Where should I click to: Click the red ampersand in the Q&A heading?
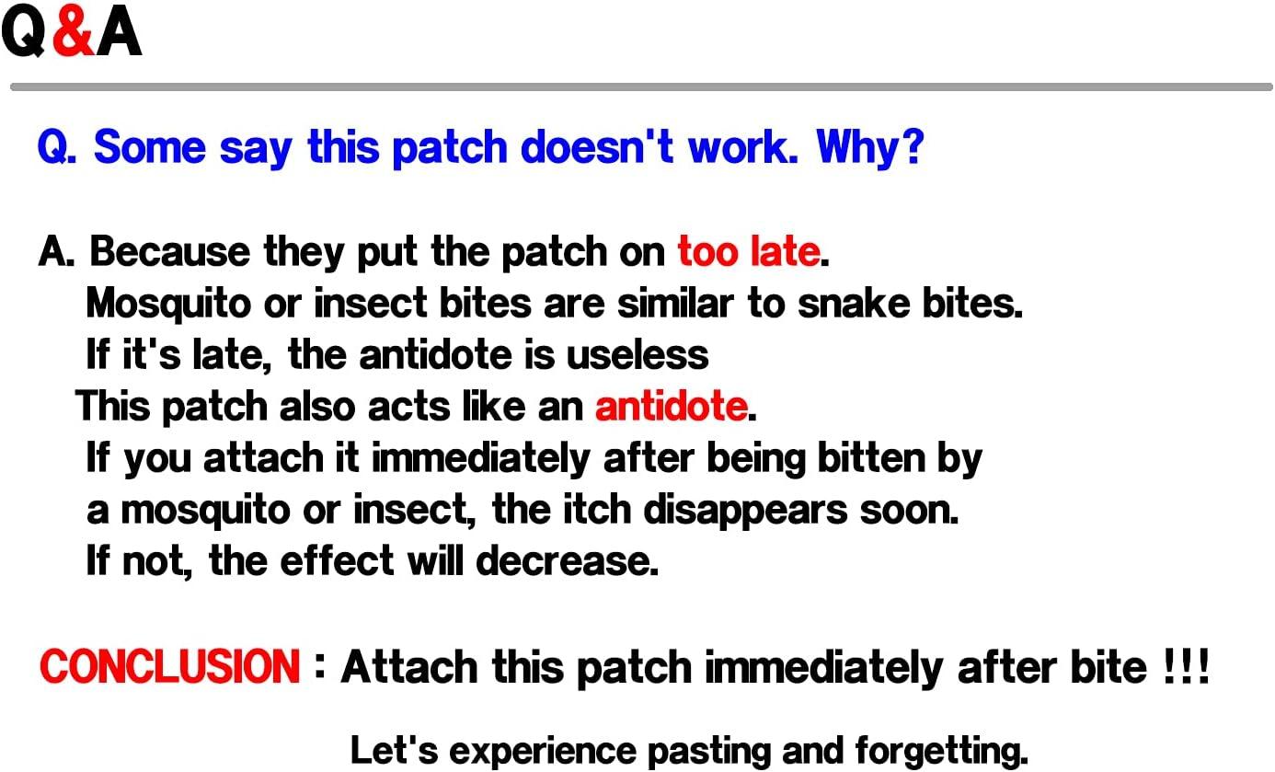[x=72, y=33]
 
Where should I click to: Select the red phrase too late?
[x=748, y=251]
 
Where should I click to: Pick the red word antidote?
[x=671, y=406]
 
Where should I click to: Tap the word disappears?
[x=747, y=510]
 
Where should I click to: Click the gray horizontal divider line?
[x=640, y=87]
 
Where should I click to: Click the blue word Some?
[x=150, y=146]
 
